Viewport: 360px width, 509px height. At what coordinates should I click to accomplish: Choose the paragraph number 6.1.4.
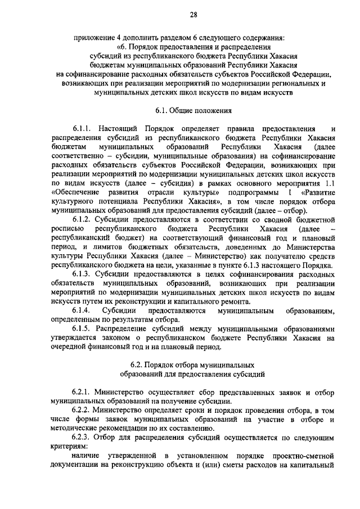point(83,311)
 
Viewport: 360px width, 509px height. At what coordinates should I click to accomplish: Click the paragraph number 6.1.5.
point(83,329)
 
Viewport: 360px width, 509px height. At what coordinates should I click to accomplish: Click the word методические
point(74,429)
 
